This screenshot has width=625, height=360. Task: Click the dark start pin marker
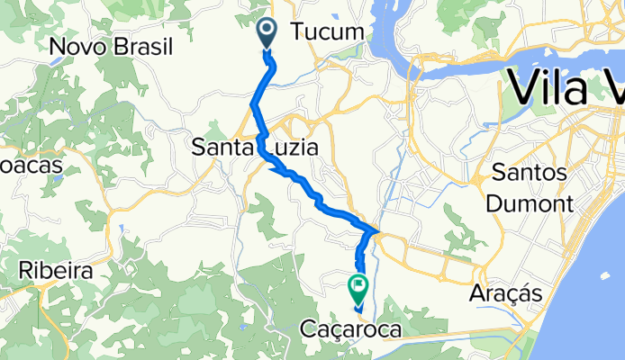coord(268,34)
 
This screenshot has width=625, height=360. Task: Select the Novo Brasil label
coord(113,46)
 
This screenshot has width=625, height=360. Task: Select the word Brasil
coord(144,46)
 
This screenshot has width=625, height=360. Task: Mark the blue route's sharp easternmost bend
coord(376,229)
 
